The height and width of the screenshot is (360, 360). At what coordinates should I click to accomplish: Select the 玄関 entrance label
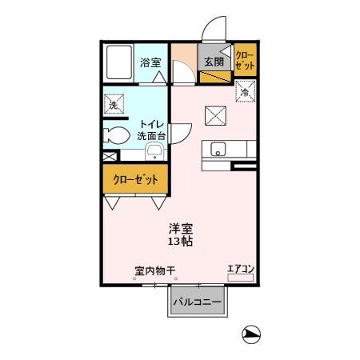(212, 62)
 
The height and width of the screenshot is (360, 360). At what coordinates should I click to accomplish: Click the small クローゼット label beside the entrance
(243, 62)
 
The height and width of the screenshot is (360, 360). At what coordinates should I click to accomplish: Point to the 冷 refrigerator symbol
(244, 93)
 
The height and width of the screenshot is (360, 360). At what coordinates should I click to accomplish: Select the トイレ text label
(152, 124)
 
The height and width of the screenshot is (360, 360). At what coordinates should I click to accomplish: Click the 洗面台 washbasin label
(152, 137)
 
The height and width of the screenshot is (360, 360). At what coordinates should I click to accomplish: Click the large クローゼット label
(134, 179)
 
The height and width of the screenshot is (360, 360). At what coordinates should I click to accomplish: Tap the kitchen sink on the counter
(218, 149)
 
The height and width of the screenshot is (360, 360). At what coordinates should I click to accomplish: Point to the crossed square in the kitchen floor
(214, 116)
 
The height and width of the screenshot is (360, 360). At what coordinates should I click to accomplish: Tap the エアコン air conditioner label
(238, 269)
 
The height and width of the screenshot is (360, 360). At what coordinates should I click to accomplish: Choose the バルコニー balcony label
(198, 302)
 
